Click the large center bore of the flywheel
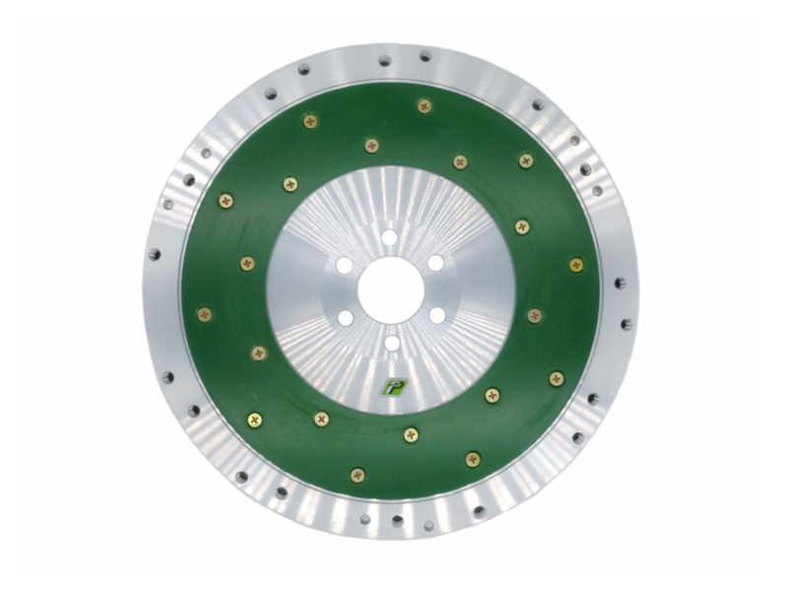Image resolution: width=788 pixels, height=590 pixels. pos(390,291)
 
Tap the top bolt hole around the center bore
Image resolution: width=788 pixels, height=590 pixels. pos(390,237)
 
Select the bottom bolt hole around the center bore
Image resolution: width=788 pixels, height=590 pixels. pos(391,343)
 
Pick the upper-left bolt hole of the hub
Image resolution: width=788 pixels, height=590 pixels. pos(344,265)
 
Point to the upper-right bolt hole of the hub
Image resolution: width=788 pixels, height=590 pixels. pos(435,263)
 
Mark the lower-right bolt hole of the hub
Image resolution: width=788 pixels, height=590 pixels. pos(436,315)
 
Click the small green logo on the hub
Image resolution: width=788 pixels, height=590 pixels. pos(391,386)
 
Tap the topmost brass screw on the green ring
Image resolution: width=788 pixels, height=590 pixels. pos(425,105)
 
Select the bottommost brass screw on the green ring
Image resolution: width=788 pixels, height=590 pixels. pos(358,475)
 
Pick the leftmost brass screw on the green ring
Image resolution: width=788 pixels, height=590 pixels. pos(204,314)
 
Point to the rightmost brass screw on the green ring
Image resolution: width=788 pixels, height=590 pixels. pos(576,264)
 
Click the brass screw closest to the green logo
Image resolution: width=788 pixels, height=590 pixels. pos(411,433)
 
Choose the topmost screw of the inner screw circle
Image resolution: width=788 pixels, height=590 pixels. pos(371,146)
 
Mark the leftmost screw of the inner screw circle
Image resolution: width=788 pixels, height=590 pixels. pos(247,263)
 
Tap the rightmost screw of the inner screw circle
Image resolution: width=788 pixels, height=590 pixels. pos(534,315)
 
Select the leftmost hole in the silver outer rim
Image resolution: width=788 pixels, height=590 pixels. pos(155,254)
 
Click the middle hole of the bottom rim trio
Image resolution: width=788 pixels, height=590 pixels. pos(397,520)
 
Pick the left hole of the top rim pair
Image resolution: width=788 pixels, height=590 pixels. pos(385,61)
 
